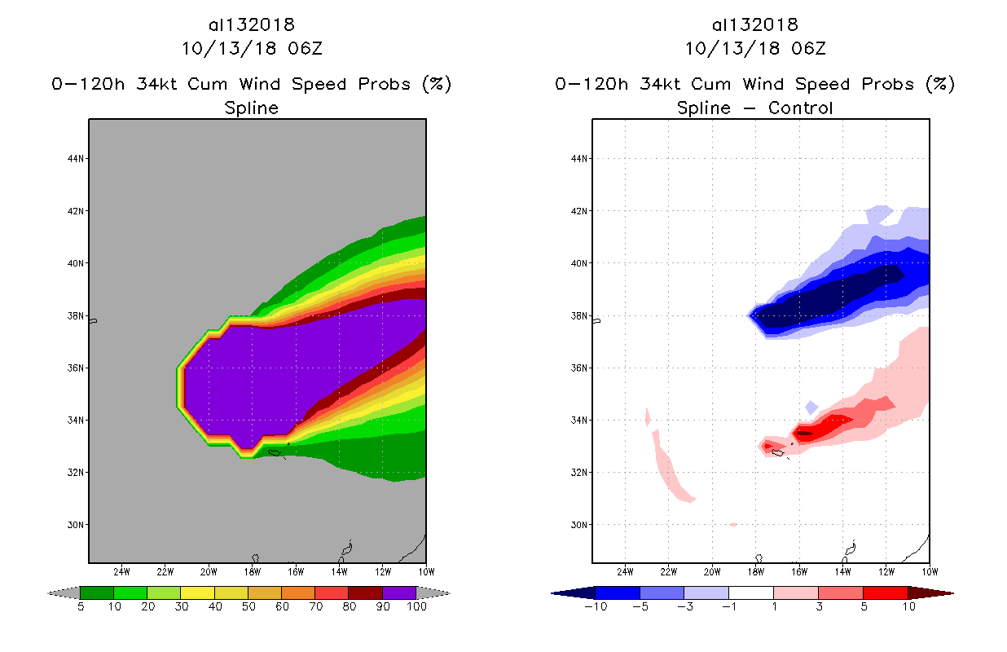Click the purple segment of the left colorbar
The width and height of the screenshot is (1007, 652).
tap(399, 593)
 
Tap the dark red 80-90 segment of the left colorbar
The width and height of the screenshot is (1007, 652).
tap(365, 593)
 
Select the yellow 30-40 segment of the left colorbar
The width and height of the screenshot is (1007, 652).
tap(197, 593)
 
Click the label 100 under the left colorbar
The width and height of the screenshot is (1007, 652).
tap(416, 607)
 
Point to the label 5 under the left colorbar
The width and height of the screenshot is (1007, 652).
tap(81, 607)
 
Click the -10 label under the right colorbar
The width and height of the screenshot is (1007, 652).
tap(596, 607)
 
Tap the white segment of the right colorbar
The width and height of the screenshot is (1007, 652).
tap(750, 593)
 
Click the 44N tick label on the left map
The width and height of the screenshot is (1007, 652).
tap(77, 159)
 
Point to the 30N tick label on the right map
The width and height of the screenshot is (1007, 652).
tap(581, 525)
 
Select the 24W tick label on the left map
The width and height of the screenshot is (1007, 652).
tap(122, 571)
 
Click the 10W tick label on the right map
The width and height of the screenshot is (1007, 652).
tap(929, 571)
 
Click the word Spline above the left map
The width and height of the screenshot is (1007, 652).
tap(251, 108)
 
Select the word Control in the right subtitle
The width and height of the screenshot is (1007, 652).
tap(799, 108)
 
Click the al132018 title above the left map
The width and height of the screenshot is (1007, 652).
tap(251, 24)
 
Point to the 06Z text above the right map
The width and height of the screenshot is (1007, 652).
tap(808, 48)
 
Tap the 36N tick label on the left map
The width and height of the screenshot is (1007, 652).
tap(77, 368)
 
